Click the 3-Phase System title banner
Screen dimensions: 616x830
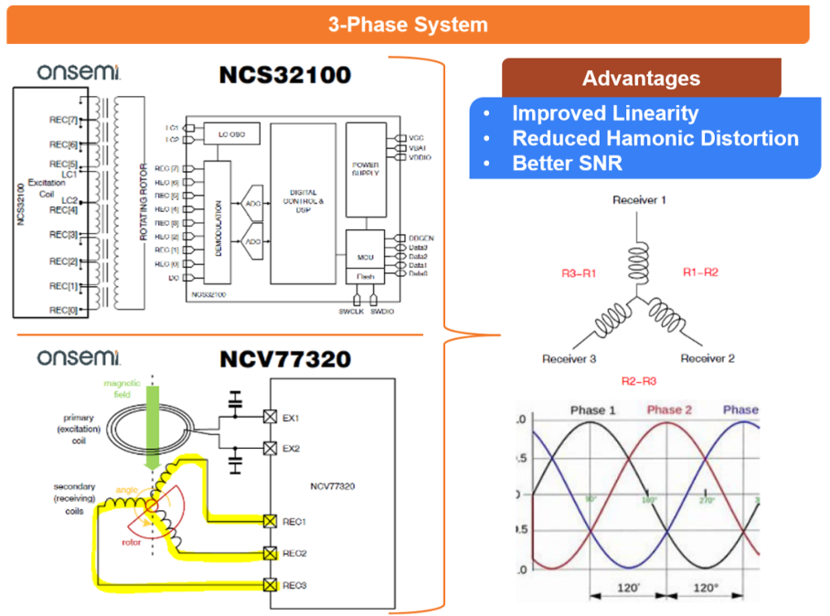pos(408,25)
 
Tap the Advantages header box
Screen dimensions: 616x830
pos(641,79)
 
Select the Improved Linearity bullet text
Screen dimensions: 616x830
pos(604,113)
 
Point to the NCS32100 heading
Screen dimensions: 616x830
pos(284,75)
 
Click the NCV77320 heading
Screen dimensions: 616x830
pos(284,359)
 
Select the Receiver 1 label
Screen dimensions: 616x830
pos(639,199)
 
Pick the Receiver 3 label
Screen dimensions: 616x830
pos(569,358)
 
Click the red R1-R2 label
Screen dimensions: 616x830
pos(700,272)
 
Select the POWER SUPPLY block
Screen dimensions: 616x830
pos(365,171)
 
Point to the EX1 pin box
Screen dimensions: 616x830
pos(271,417)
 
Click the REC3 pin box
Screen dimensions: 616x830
pos(271,585)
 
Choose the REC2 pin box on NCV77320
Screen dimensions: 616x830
pos(271,553)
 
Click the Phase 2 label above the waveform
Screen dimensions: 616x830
pos(670,409)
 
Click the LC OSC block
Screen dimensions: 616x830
pos(231,135)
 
